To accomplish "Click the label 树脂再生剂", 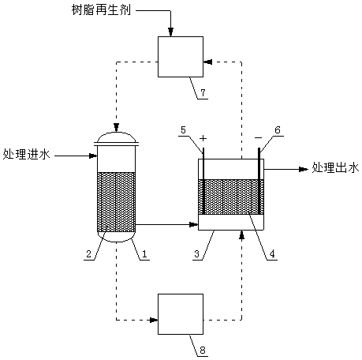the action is pos(101,9).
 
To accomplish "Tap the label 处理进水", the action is pos(27,154).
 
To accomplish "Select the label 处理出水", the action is pos(335,168).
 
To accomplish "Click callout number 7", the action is pos(203,92).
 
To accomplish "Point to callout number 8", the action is pos(203,351).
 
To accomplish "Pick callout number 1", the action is pos(144,254).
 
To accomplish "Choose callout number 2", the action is pos(88,254).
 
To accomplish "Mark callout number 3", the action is pos(197,254).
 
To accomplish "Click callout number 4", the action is pos(272,254).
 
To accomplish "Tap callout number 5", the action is pos(183,130).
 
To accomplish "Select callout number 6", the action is pos(278,130).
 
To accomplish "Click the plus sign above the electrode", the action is pos(203,138).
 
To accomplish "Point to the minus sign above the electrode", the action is pos(259,137).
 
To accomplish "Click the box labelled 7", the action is pos(181,57).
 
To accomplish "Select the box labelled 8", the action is pos(181,314).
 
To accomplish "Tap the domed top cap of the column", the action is pos(116,137).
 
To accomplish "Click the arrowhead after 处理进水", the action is pos(93,156).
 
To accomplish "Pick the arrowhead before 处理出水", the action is pos(304,170).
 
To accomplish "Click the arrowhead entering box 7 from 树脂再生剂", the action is pos(171,32).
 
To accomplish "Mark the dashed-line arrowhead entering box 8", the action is pos(154,321).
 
